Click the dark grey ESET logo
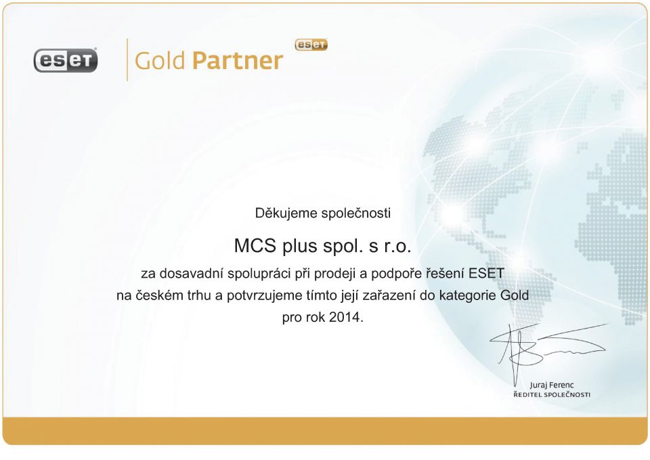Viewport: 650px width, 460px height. pos(66,60)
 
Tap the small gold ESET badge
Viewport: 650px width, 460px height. pos(311,45)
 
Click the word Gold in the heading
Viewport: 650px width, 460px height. pos(160,60)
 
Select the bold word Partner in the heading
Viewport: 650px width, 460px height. pos(238,60)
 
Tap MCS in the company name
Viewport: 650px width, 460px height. pos(255,245)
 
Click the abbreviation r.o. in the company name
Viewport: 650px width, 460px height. pos(397,247)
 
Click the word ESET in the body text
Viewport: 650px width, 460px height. pos(486,274)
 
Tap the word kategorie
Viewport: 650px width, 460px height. pos(468,296)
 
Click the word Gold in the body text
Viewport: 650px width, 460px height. pos(515,295)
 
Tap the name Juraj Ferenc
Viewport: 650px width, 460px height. pos(552,385)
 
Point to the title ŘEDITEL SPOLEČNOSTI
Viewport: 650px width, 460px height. pos(552,394)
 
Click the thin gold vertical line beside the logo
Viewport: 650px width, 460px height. pos(127,60)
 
